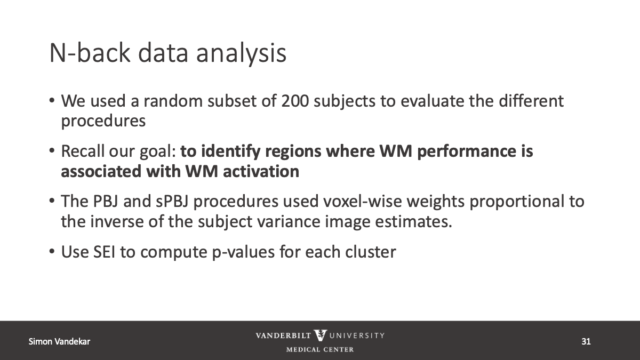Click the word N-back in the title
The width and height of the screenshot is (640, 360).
90,53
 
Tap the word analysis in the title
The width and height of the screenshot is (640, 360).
241,54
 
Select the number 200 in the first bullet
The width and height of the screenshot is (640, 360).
295,101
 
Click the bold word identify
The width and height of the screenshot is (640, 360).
231,151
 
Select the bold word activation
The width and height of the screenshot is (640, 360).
261,172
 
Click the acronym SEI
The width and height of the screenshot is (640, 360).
105,252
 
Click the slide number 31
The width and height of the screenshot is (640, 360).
586,341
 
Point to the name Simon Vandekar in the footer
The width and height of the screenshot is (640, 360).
59,341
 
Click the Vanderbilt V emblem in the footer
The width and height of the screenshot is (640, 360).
321,335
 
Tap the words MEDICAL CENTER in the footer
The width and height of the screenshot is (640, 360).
320,349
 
